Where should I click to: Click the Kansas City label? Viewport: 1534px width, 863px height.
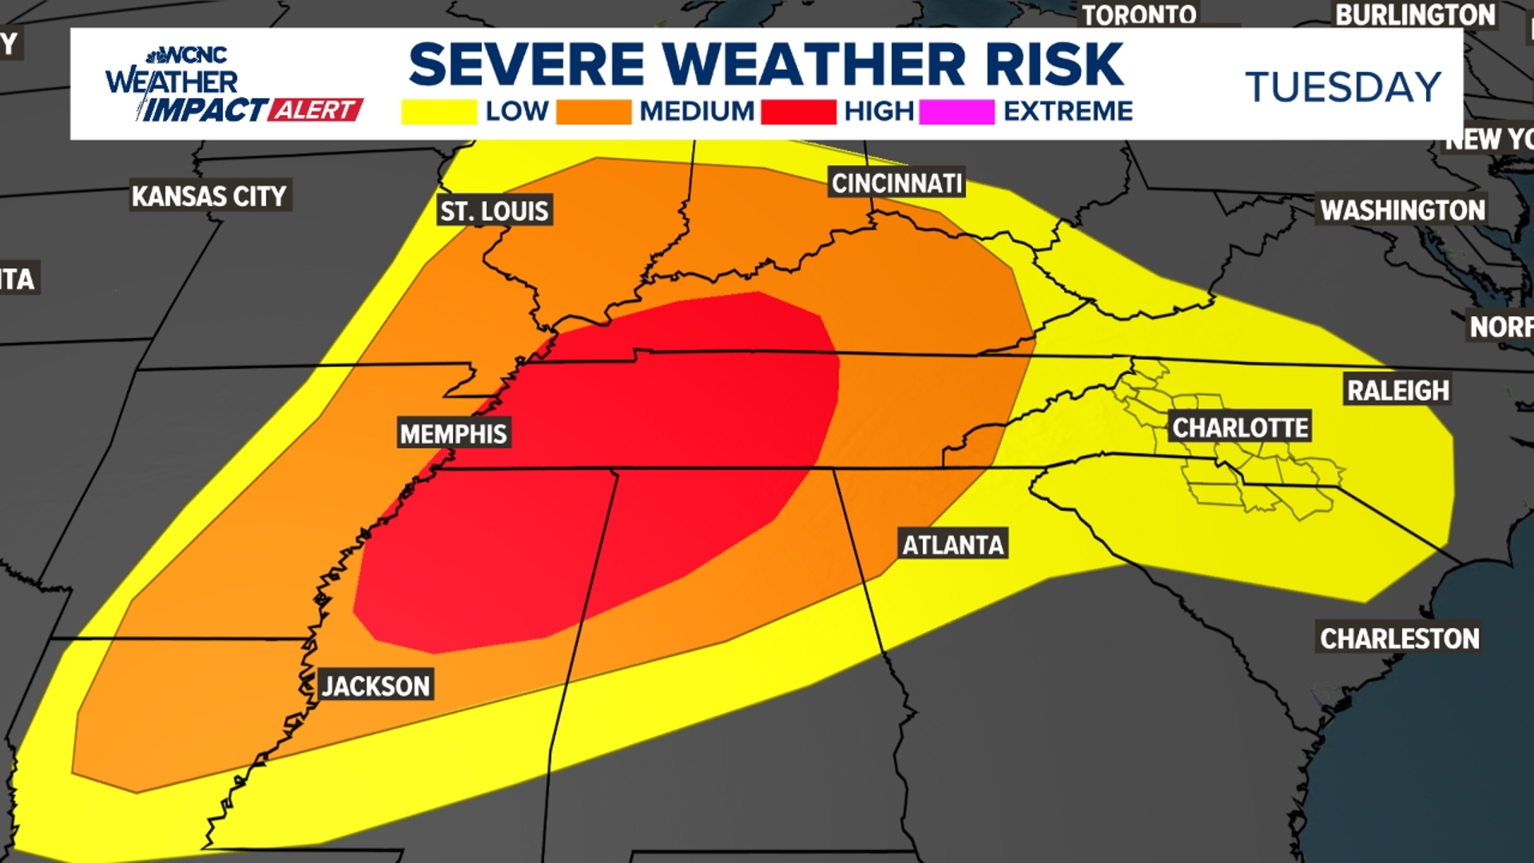tap(209, 196)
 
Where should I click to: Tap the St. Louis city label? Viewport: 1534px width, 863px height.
tap(495, 211)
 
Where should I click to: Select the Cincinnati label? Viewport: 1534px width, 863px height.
tap(896, 183)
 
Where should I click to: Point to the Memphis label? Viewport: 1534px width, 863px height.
tap(453, 434)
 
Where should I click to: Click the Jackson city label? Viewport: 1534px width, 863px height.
tap(376, 686)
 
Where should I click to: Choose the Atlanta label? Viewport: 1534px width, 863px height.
tap(952, 545)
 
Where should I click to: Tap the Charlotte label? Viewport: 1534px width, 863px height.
tap(1240, 428)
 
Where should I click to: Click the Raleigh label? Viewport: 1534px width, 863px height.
tap(1397, 390)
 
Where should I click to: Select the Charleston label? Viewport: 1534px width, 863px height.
tap(1399, 638)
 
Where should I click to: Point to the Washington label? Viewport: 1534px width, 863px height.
tap(1402, 210)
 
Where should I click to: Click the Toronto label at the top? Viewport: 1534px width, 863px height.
tap(1139, 14)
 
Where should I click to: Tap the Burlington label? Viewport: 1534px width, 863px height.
tap(1415, 14)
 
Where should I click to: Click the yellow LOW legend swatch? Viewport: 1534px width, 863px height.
tap(439, 112)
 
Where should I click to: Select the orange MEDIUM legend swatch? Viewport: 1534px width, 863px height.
tap(594, 112)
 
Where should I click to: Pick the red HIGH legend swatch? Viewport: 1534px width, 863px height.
tap(798, 112)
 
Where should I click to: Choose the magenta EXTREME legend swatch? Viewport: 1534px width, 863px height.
tap(956, 112)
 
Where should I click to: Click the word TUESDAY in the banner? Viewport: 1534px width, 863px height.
tap(1343, 86)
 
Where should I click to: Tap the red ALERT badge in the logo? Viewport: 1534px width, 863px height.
tap(316, 109)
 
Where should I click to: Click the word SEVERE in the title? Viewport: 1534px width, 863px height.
tap(527, 64)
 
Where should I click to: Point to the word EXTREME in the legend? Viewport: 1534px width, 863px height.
tap(1068, 111)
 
